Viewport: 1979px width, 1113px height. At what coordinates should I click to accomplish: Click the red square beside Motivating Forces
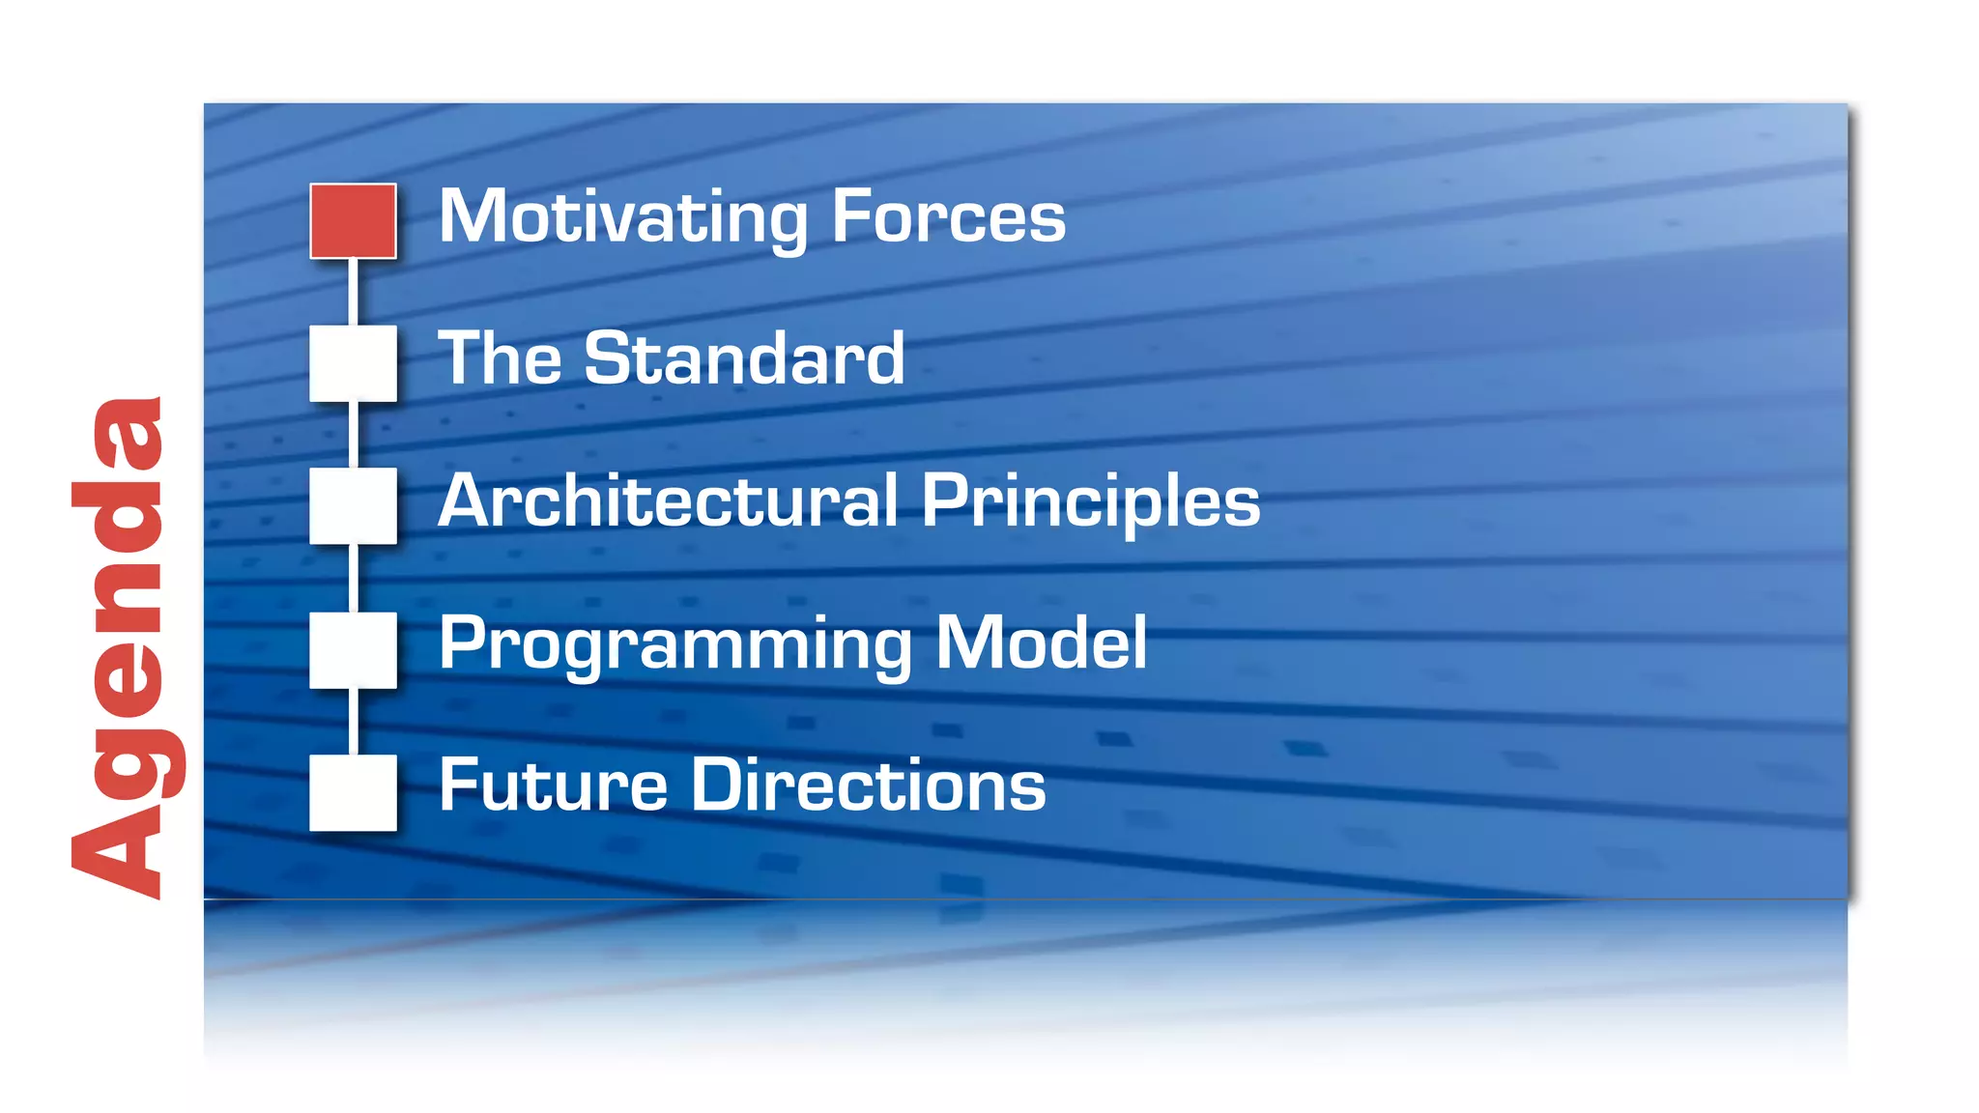[x=353, y=221]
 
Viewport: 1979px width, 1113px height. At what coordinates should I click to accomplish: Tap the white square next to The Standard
[x=353, y=363]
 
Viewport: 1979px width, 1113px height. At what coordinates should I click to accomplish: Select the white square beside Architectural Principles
[x=353, y=505]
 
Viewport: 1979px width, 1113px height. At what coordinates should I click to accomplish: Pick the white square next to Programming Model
[x=353, y=649]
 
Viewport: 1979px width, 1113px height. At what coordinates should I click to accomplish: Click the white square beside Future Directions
[x=353, y=792]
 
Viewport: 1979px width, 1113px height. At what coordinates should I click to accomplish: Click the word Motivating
[x=622, y=217]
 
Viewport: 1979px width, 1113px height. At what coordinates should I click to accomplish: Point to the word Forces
[x=948, y=217]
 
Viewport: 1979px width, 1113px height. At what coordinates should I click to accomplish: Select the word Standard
[x=744, y=358]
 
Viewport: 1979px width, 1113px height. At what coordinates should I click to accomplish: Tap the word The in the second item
[x=500, y=358]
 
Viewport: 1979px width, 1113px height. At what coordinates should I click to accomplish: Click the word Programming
[x=674, y=645]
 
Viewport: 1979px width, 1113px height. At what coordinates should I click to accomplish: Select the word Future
[x=552, y=785]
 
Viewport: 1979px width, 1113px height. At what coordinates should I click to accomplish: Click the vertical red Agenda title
[x=121, y=647]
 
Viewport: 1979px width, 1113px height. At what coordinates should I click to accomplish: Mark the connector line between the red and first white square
[x=353, y=292]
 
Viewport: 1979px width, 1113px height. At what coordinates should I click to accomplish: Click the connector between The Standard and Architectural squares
[x=353, y=435]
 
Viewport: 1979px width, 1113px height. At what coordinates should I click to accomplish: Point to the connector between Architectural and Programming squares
[x=353, y=578]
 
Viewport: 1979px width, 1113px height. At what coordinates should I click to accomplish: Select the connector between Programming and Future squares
[x=353, y=721]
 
